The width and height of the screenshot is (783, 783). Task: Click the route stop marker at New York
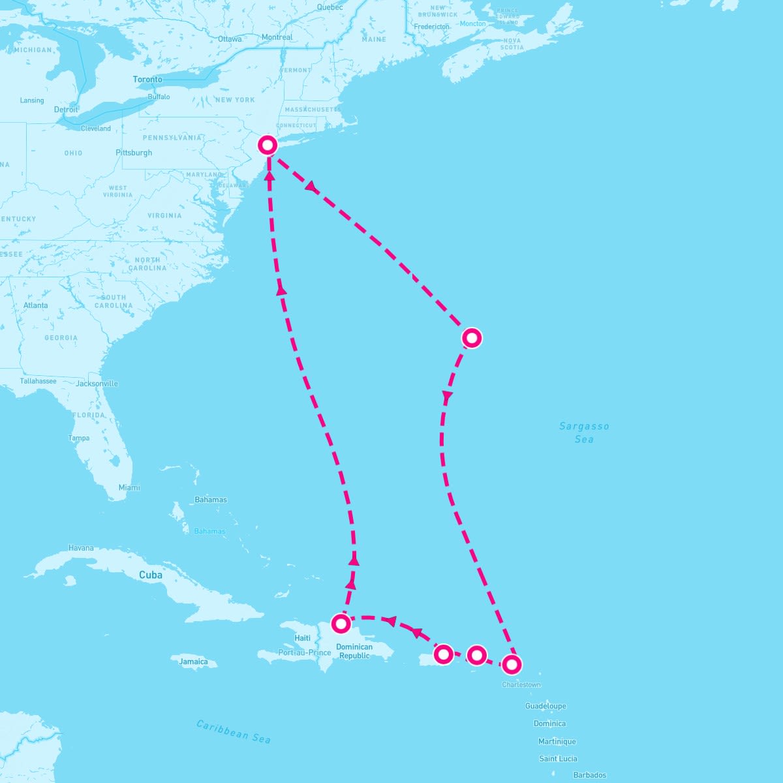point(268,145)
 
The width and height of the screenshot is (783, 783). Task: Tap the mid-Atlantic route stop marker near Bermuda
point(471,338)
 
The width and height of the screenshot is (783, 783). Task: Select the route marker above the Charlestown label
point(512,665)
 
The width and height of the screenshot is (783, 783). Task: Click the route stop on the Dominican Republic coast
point(341,624)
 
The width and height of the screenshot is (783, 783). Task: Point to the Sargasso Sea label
point(584,433)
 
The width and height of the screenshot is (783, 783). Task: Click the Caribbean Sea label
point(234,731)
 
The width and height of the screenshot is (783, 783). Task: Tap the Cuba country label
point(151,576)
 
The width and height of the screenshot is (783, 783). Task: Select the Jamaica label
point(193,662)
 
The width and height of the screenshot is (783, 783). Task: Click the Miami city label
point(129,487)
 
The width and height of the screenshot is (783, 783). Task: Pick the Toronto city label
point(147,80)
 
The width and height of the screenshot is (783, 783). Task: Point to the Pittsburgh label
point(134,153)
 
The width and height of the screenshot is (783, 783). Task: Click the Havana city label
point(81,548)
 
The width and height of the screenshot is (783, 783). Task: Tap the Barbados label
point(590,775)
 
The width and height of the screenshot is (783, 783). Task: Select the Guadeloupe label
point(546,706)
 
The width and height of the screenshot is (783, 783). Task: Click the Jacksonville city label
point(97,384)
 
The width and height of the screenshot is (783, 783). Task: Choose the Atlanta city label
point(35,305)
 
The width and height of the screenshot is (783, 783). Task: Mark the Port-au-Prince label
point(305,652)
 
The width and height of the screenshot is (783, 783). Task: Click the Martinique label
point(557,741)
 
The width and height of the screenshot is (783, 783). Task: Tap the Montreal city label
point(277,37)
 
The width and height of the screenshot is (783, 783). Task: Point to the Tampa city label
point(79,438)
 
